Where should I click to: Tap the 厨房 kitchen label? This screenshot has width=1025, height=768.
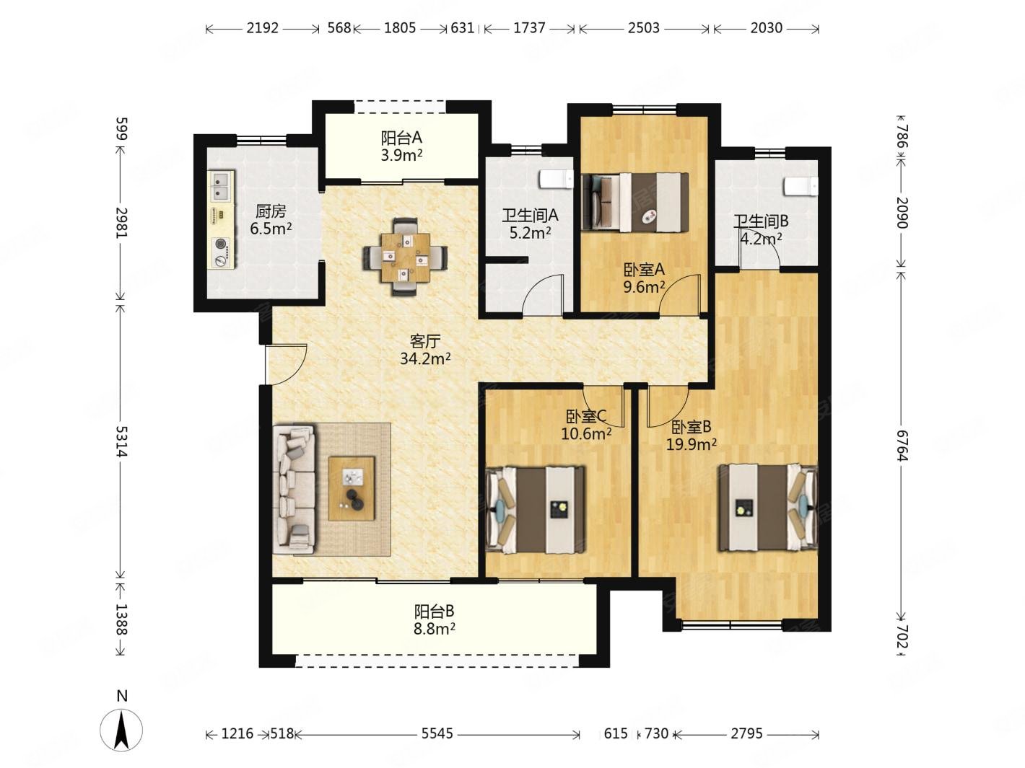point(271,212)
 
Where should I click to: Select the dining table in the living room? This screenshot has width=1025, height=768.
point(405,257)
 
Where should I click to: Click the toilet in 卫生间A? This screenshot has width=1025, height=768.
point(556,180)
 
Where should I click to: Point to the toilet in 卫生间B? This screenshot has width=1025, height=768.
point(801,186)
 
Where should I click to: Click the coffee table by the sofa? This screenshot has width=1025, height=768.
point(352,488)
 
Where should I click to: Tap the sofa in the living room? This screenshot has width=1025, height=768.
point(295,489)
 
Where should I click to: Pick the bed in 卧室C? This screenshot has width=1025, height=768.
point(535,510)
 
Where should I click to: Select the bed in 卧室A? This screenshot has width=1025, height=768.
point(635,203)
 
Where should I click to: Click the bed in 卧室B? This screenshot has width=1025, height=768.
point(768,507)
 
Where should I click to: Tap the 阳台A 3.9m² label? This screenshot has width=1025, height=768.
point(401,146)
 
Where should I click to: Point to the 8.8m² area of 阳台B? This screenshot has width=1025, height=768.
point(435,629)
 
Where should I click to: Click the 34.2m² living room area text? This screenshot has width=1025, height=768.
point(425,358)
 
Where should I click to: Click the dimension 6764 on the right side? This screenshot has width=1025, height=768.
point(903,446)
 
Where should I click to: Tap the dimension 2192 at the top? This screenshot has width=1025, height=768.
point(263,28)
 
